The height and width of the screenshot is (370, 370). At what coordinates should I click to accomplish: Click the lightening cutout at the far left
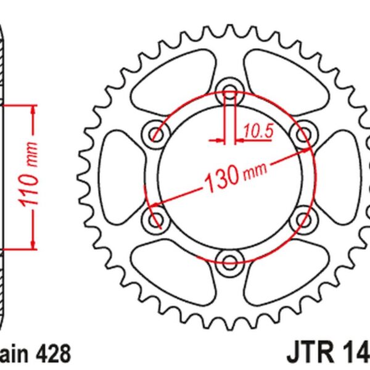pyautogui.click(x=119, y=175)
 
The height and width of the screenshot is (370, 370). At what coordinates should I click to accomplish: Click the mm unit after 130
pyautogui.click(x=255, y=171)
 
